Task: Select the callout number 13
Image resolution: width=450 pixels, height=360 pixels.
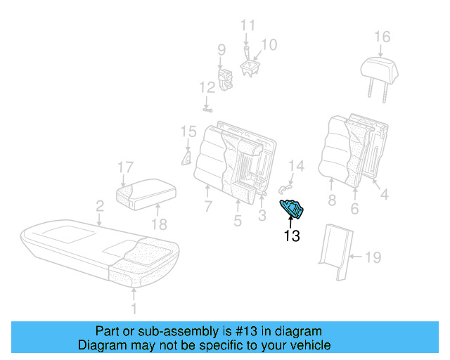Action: click(x=291, y=236)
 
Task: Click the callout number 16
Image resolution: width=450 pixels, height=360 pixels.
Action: click(x=381, y=37)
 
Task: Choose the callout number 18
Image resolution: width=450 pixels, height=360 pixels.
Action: click(x=160, y=224)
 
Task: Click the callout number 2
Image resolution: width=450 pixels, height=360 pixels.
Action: click(x=100, y=206)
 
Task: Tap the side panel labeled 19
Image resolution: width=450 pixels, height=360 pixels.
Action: click(x=335, y=250)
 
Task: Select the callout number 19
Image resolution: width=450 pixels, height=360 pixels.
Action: click(x=372, y=258)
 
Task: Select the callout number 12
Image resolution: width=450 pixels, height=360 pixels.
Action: click(x=206, y=88)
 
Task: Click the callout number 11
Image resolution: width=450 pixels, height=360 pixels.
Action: click(x=247, y=26)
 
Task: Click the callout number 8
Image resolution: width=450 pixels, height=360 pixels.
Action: click(x=331, y=201)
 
